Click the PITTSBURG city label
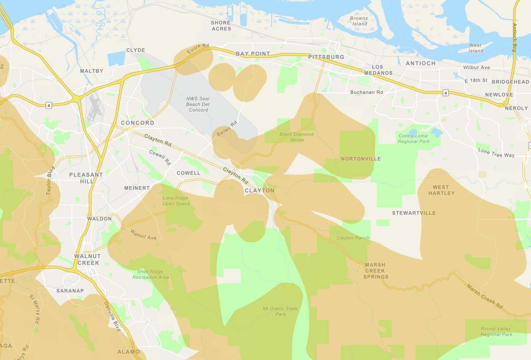click(326, 57)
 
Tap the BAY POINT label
click(253, 54)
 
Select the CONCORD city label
click(138, 123)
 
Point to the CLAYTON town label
click(259, 191)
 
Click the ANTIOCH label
click(420, 63)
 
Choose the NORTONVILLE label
click(361, 159)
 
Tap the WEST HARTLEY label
click(441, 190)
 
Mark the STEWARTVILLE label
click(414, 213)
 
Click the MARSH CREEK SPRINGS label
click(376, 271)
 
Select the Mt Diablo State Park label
click(280, 311)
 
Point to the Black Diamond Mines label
click(296, 137)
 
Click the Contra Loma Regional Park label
click(413, 138)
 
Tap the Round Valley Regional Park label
click(496, 332)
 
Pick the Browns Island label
click(358, 21)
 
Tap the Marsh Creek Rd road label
click(485, 296)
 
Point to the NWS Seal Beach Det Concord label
click(198, 104)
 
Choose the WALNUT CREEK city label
click(87, 259)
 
